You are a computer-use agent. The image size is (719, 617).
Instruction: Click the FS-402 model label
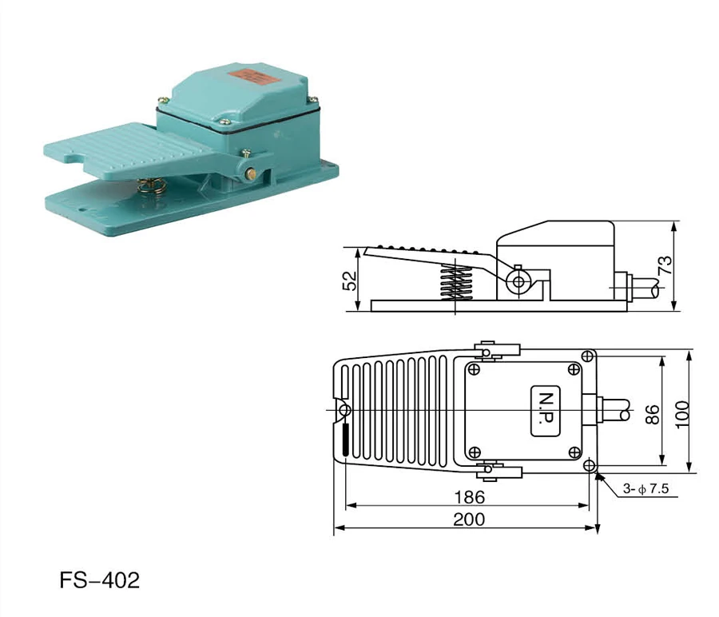pyautogui.click(x=99, y=579)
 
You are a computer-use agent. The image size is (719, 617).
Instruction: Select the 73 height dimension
pyautogui.click(x=665, y=265)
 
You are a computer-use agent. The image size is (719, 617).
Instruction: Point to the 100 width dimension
pyautogui.click(x=681, y=411)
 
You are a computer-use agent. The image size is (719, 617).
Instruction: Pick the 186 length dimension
pyautogui.click(x=468, y=496)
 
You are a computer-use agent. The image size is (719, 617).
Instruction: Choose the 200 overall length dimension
pyautogui.click(x=468, y=519)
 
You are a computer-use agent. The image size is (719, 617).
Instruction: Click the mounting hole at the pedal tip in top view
pyautogui.click(x=345, y=411)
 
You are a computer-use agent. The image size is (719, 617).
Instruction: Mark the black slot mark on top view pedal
pyautogui.click(x=345, y=440)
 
